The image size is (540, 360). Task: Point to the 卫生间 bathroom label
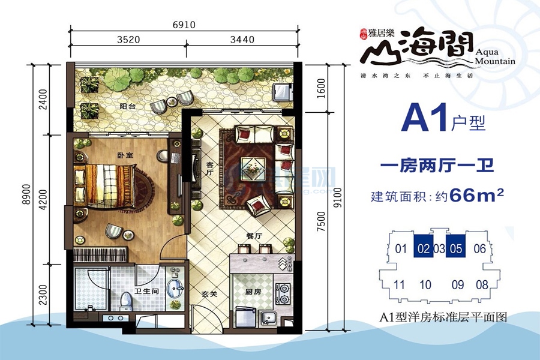(146, 292)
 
